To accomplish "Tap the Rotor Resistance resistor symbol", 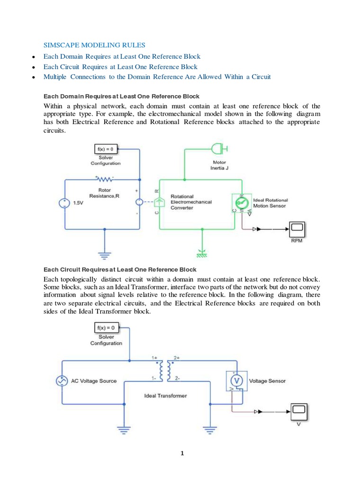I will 104,180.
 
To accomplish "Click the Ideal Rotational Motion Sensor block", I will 241,202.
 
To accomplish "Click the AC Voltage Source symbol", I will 62,381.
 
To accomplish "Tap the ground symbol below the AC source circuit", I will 124,430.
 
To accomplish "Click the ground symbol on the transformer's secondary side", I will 209,430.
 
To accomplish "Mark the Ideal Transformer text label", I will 166,395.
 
